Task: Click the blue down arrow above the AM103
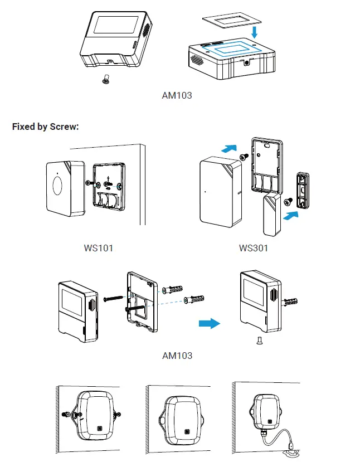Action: click(x=254, y=32)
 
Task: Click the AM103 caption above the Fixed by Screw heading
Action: click(x=177, y=95)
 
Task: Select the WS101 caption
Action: click(x=98, y=248)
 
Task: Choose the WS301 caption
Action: click(x=254, y=248)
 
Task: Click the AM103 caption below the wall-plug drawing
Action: click(x=177, y=355)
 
